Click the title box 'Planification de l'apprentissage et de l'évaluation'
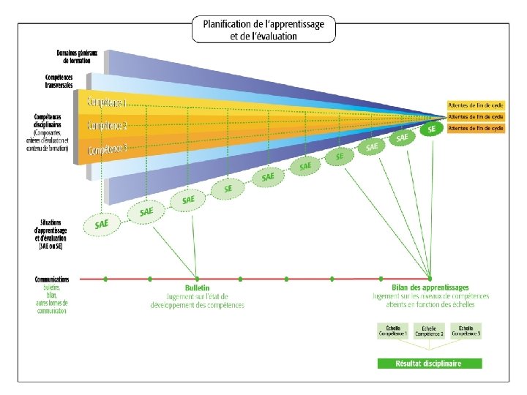[263, 29]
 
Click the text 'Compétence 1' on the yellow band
[107, 100]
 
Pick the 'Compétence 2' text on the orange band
[107, 125]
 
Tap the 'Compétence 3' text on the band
[107, 150]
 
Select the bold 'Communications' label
[52, 279]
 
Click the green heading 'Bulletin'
[197, 289]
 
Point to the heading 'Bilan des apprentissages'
[430, 289]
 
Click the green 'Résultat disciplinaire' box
[429, 364]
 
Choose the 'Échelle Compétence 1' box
[392, 331]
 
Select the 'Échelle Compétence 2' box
[429, 331]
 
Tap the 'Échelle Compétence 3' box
[466, 331]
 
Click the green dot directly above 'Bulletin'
[195, 279]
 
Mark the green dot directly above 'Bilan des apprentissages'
[381, 279]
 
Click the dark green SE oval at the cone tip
[432, 129]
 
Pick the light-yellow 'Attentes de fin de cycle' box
[476, 105]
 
